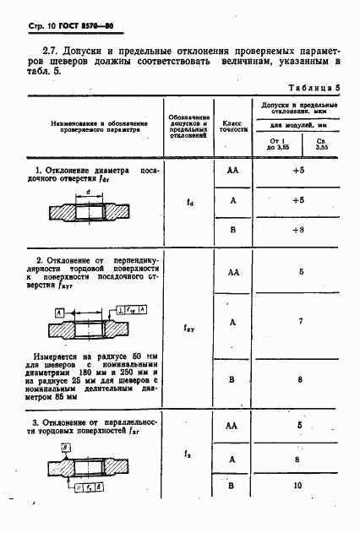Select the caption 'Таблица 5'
click(x=314, y=88)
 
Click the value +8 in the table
click(x=297, y=230)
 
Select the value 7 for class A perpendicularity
click(x=301, y=322)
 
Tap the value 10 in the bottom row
click(x=297, y=487)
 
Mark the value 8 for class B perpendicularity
click(x=300, y=380)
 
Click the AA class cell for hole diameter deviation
click(x=232, y=170)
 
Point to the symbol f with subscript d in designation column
click(x=189, y=201)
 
